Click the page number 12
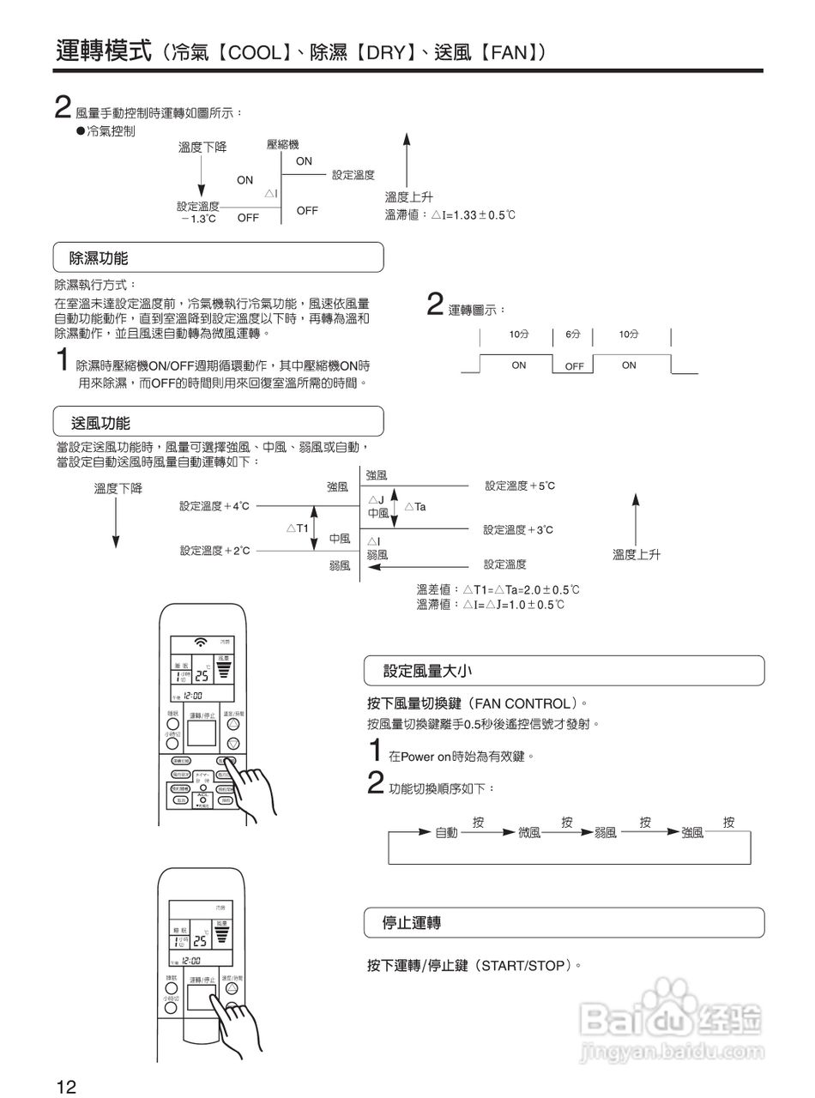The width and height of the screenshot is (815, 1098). pyautogui.click(x=67, y=1087)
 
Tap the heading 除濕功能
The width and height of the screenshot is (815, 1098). pyautogui.click(x=100, y=257)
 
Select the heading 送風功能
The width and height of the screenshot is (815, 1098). pyautogui.click(x=100, y=422)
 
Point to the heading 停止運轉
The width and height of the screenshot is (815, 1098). pyautogui.click(x=412, y=923)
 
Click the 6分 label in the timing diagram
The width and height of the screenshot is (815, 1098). pyautogui.click(x=572, y=335)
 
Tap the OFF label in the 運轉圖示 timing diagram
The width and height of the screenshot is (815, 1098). pyautogui.click(x=574, y=366)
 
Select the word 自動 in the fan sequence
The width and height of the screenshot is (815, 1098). pyautogui.click(x=446, y=832)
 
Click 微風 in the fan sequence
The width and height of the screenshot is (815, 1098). pyautogui.click(x=529, y=832)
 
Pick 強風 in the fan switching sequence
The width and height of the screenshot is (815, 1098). pyautogui.click(x=692, y=832)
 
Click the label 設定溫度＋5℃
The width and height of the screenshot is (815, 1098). pyautogui.click(x=520, y=486)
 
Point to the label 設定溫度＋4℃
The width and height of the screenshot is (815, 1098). pyautogui.click(x=214, y=506)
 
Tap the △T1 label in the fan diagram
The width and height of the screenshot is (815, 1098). pyautogui.click(x=297, y=528)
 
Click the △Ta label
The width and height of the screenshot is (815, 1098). pyautogui.click(x=414, y=507)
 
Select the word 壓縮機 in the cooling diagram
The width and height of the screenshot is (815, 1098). pyautogui.click(x=283, y=146)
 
